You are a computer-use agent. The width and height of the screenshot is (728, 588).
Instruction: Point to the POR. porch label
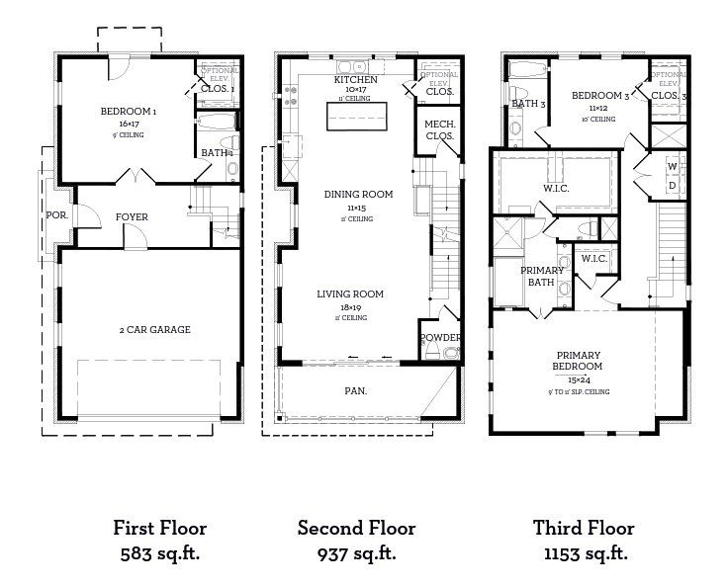tap(55, 214)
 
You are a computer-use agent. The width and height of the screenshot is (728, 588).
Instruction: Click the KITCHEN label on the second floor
tap(353, 78)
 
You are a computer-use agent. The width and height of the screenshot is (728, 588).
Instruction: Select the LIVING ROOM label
tap(349, 294)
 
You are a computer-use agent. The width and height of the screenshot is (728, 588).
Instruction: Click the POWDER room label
tap(440, 338)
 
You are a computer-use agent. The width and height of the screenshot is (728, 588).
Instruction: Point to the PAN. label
tap(356, 391)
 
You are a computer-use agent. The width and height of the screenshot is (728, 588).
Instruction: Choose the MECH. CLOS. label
tap(439, 129)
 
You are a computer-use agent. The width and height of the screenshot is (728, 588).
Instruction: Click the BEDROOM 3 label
tap(600, 96)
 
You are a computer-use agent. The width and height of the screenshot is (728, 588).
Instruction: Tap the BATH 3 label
tap(529, 104)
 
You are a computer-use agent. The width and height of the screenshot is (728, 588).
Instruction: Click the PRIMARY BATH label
tap(543, 277)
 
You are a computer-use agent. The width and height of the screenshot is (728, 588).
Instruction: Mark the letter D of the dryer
tap(673, 185)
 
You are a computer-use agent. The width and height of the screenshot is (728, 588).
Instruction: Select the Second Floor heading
tap(356, 529)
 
